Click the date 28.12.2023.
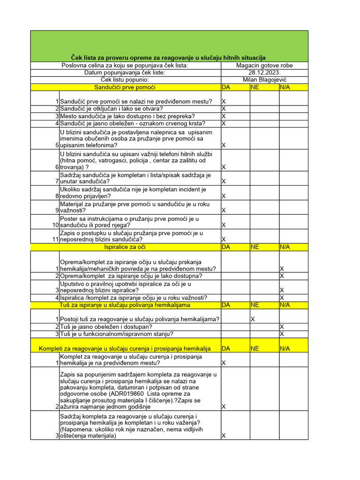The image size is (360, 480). [264, 73]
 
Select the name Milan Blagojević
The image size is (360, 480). [264, 80]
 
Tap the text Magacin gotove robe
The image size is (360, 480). [264, 66]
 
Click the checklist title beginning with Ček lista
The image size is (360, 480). [168, 57]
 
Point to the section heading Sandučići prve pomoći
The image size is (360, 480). [125, 87]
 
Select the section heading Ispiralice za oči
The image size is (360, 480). [125, 247]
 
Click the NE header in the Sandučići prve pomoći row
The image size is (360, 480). [255, 87]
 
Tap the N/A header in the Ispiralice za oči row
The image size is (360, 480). [285, 247]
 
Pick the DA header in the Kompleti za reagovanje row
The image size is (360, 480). [225, 348]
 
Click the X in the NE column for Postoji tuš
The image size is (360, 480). [253, 319]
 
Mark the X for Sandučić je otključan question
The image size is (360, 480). [224, 109]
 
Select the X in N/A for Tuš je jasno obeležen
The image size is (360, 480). [282, 326]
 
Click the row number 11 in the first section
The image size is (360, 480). [55, 240]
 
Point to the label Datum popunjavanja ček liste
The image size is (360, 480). [125, 73]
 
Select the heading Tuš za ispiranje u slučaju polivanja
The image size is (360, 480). [125, 305]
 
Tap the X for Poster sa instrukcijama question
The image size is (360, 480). [224, 225]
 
